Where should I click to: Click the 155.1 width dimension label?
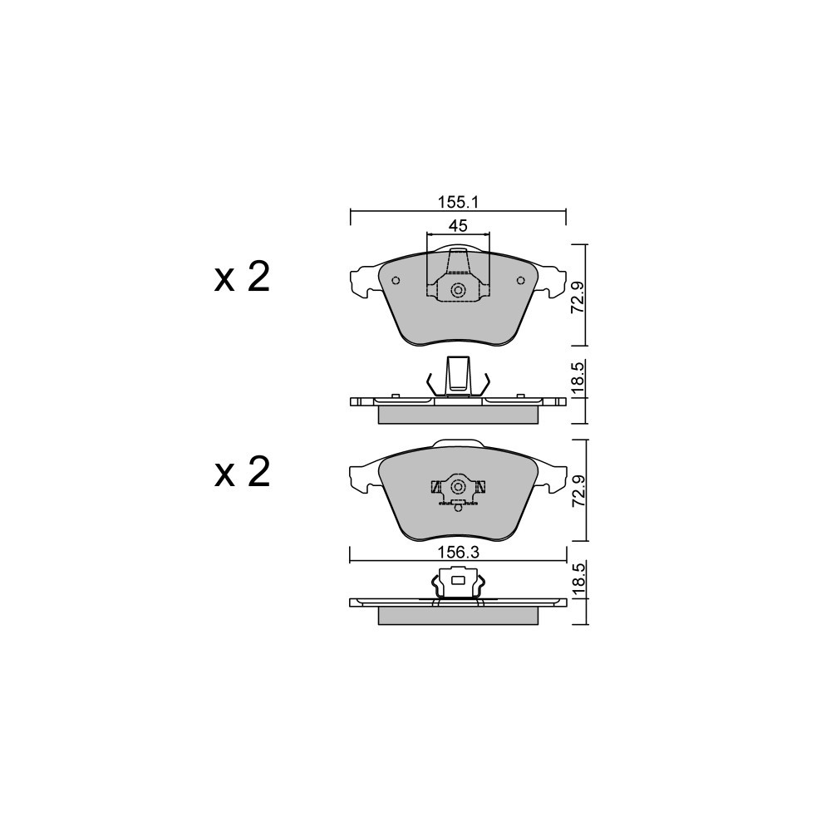[x=459, y=202]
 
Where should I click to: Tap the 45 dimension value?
[x=458, y=226]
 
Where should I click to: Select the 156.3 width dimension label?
[x=459, y=553]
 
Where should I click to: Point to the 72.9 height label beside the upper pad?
[x=578, y=297]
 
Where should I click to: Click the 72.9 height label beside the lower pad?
[x=578, y=491]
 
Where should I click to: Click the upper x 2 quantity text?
[x=242, y=278]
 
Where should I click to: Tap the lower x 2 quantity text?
[x=242, y=472]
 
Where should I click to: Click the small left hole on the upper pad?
[x=396, y=281]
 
